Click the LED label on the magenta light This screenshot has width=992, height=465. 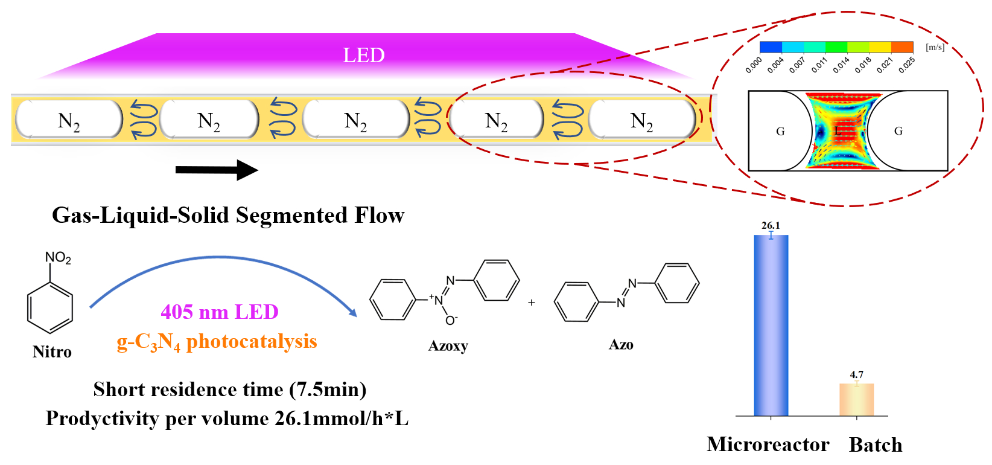click(364, 55)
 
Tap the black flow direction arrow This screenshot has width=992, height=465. click(217, 170)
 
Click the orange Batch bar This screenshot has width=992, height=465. click(856, 399)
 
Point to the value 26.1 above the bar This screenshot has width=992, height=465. click(771, 225)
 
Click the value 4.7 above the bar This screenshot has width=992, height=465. click(857, 374)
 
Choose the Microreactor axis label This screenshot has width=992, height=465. click(768, 444)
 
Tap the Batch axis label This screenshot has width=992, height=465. click(876, 445)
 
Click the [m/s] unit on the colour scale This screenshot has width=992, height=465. click(935, 47)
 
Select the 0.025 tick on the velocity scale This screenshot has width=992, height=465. click(906, 65)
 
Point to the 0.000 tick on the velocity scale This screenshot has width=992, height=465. click(754, 65)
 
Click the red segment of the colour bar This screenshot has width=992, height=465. click(903, 47)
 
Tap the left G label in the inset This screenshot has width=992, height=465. click(780, 131)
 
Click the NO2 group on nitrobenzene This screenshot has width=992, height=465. click(58, 258)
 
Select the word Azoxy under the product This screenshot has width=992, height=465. click(448, 346)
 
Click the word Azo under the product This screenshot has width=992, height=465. click(621, 345)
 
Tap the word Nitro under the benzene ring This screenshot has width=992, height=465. click(52, 351)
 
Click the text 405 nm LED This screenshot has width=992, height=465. click(220, 312)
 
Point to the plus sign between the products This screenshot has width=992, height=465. click(532, 303)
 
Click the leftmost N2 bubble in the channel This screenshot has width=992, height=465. click(69, 120)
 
